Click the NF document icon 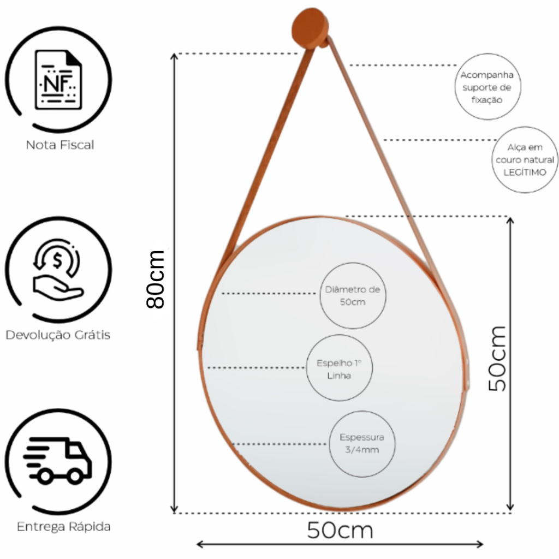58,80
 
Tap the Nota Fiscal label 60,145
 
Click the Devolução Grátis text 58,335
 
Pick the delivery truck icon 57,460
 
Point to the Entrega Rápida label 63,527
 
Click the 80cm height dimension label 156,279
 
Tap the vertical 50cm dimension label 497,359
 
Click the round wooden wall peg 310,28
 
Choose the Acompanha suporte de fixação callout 487,87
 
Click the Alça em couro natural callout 525,159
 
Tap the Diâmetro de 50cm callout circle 353,295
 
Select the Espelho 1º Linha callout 339,368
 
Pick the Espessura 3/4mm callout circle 362,444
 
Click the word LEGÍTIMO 525,172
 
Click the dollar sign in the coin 57,260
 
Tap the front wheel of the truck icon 75,475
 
